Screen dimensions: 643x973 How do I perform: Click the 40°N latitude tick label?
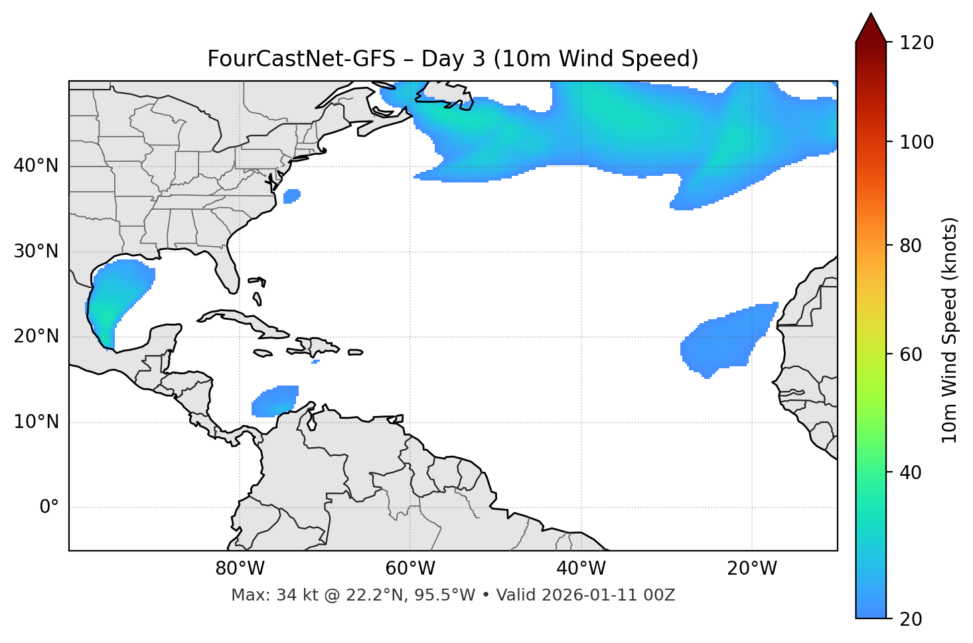pos(36,166)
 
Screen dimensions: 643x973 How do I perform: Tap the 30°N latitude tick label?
pos(36,251)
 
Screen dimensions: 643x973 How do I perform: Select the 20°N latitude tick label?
pos(36,336)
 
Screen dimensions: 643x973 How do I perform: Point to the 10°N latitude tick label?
pos(36,422)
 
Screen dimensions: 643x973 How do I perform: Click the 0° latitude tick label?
pos(49,508)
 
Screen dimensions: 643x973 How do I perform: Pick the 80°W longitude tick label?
pos(240,569)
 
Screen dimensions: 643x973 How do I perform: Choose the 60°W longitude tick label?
pos(410,569)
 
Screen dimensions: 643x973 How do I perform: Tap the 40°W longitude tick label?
pos(581,569)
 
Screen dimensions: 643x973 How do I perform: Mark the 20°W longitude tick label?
pos(752,569)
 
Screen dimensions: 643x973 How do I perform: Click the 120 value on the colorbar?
pos(917,42)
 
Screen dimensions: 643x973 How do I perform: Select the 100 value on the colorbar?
pos(917,142)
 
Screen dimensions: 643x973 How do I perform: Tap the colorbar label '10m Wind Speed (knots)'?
pos(950,330)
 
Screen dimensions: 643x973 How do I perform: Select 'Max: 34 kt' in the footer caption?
pos(265,595)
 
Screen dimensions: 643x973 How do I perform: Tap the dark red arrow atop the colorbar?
pos(871,28)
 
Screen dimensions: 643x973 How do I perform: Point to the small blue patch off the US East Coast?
pos(291,196)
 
